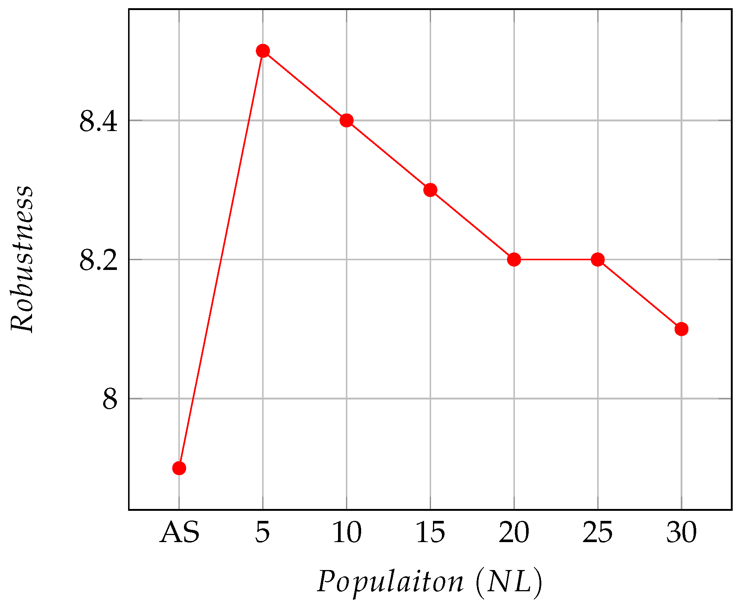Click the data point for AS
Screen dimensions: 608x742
click(179, 468)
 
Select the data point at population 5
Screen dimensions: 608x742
click(263, 51)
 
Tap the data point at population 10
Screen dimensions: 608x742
click(347, 120)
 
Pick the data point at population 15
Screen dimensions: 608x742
click(430, 190)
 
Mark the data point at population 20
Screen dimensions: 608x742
click(514, 260)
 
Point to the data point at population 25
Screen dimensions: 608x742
click(598, 260)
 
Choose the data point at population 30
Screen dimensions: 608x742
click(681, 329)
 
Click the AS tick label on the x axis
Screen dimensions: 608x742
click(179, 533)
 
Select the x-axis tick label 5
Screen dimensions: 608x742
click(262, 533)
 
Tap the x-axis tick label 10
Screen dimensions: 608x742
click(347, 533)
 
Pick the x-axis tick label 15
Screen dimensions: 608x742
click(430, 533)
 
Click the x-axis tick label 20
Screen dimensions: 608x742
click(514, 533)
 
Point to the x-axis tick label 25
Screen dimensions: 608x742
click(598, 533)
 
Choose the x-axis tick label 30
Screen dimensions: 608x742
click(681, 533)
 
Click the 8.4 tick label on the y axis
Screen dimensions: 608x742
click(99, 121)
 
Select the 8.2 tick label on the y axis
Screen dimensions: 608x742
click(99, 260)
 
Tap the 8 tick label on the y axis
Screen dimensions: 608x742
click(110, 400)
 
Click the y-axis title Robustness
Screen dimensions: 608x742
click(22, 259)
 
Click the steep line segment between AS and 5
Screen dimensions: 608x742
click(221, 260)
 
